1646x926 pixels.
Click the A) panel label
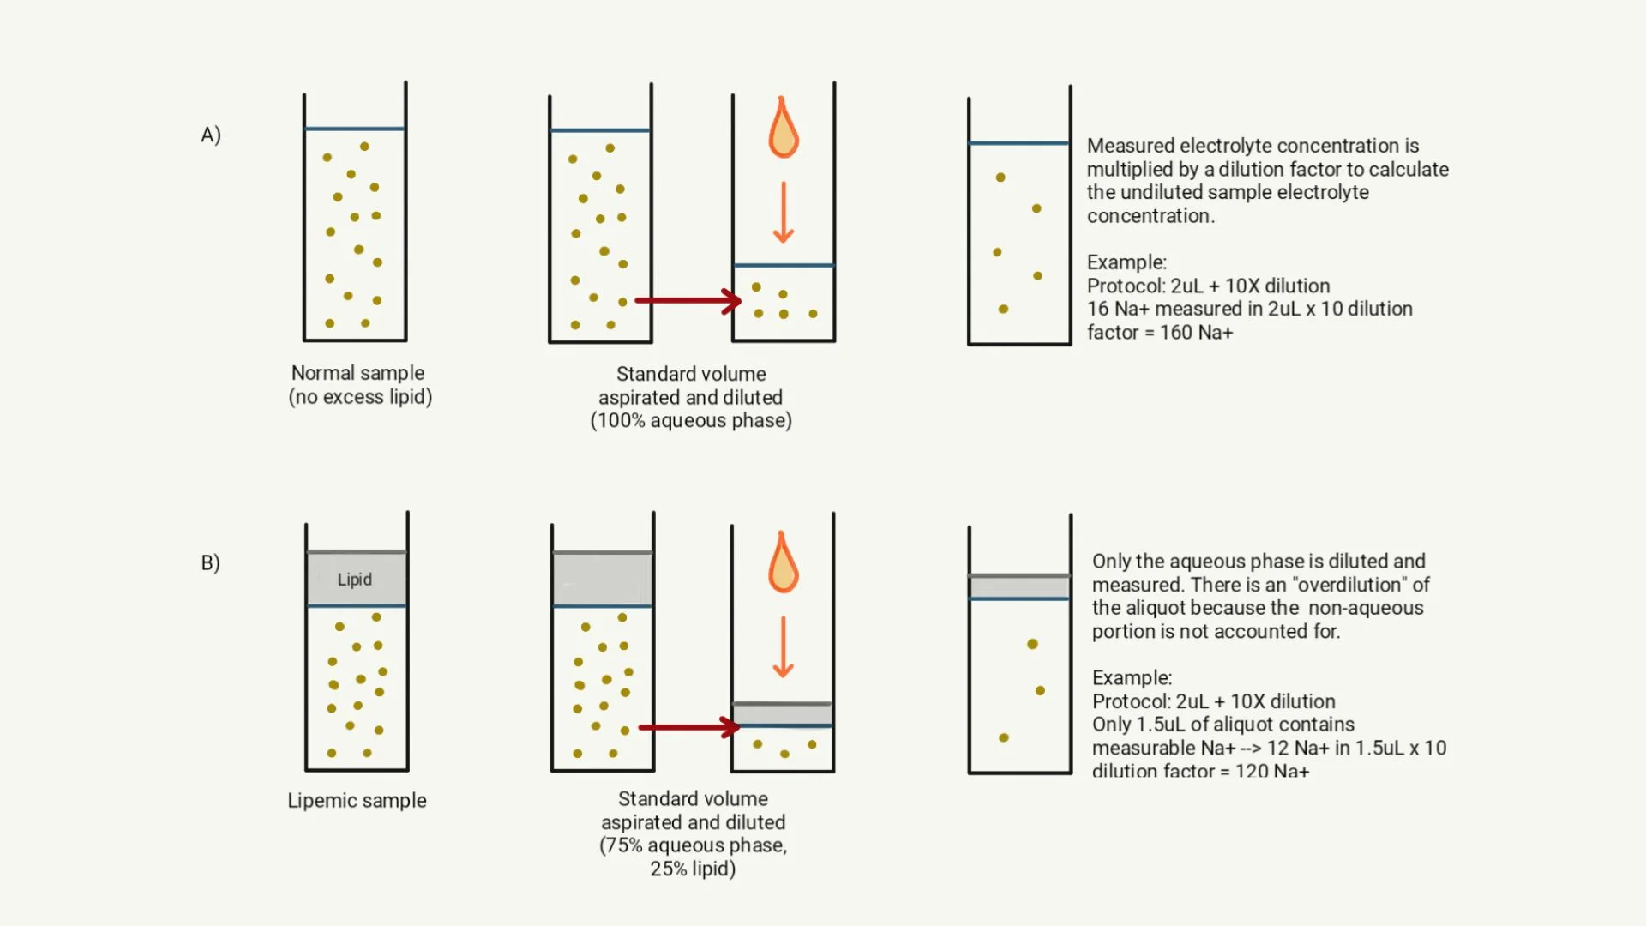coord(211,135)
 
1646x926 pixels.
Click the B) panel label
coord(211,563)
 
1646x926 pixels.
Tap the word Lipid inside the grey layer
coord(354,580)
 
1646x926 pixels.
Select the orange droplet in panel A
coord(783,130)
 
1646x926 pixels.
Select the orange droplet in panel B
coord(783,565)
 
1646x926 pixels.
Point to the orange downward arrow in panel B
coord(783,646)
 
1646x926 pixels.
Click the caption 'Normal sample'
coord(357,373)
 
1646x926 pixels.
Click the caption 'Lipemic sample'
coord(357,801)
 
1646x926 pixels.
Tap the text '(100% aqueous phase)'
coord(691,421)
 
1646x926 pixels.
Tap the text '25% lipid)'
coord(693,869)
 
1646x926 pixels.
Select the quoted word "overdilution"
coord(1349,585)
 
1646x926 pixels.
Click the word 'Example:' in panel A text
coord(1126,262)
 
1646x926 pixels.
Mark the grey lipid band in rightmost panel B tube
coord(1019,587)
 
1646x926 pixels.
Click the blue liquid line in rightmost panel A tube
coord(1019,143)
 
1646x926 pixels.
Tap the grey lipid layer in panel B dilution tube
coord(783,714)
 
